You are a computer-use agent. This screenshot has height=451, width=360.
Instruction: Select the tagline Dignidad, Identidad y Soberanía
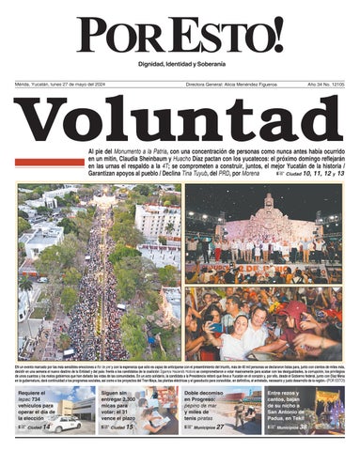[x=180, y=63]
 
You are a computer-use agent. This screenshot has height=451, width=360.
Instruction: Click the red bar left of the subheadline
[x=49, y=163]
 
